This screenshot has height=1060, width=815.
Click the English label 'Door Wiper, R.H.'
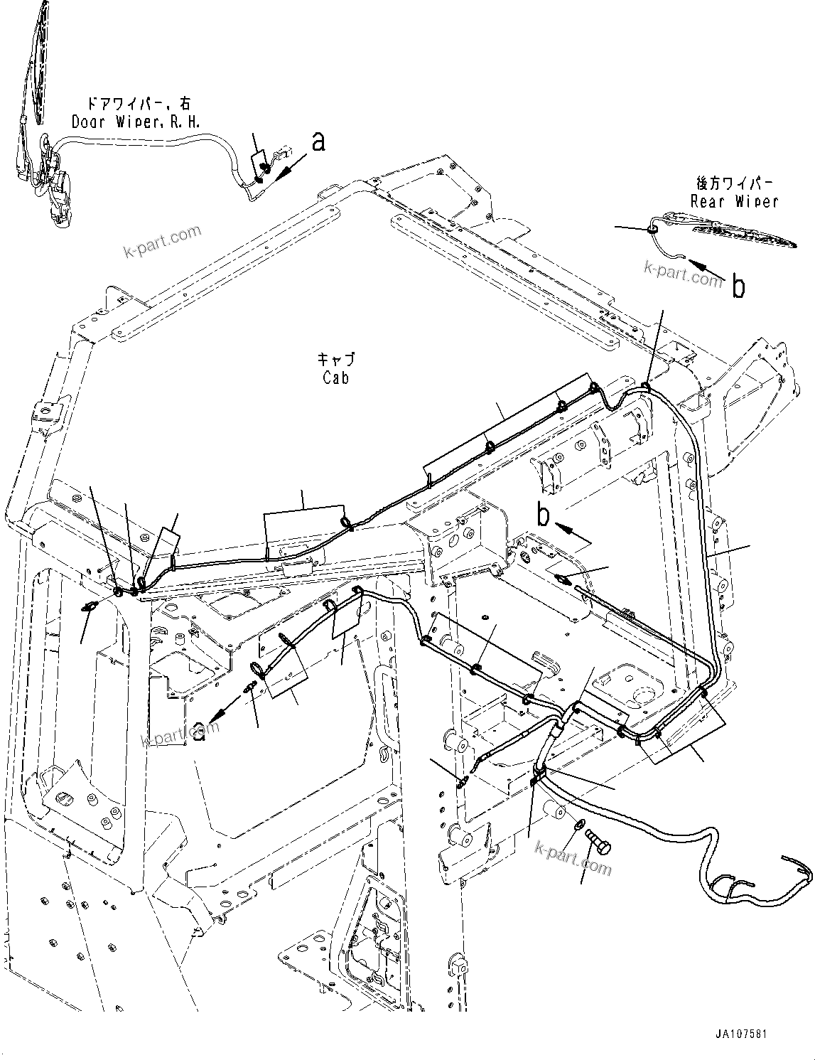[x=136, y=122]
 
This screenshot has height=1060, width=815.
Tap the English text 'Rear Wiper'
[x=734, y=202]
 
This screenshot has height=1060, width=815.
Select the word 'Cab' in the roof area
[x=335, y=378]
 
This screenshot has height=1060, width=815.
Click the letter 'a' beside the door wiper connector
[x=319, y=141]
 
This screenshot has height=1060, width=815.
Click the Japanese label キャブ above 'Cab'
[x=336, y=360]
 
